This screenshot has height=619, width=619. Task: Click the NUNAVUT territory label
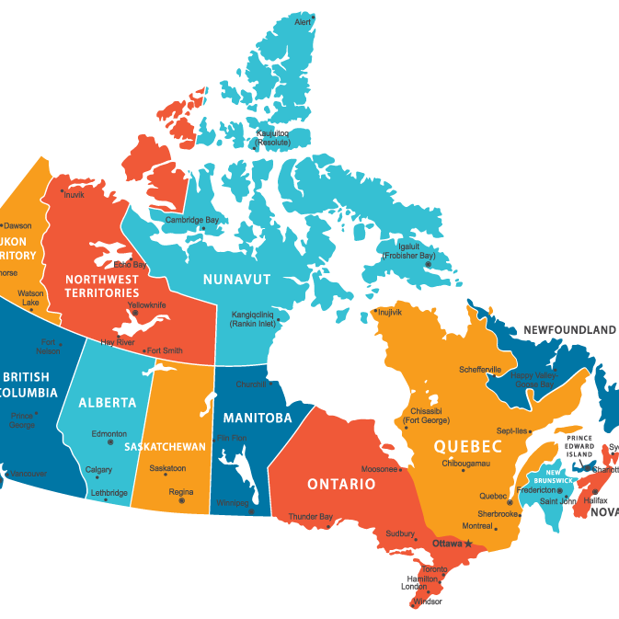point(236,278)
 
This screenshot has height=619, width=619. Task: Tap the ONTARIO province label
point(341,484)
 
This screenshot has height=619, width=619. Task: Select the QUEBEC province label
point(468,447)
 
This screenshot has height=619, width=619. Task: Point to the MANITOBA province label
point(258,418)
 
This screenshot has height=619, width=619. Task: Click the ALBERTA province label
point(107,403)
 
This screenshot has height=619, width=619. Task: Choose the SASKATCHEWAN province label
point(166,447)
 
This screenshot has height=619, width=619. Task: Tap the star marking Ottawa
point(468,544)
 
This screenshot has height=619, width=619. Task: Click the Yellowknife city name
point(146,304)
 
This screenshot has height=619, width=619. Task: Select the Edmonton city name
point(109,433)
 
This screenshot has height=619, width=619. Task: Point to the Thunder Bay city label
point(311,517)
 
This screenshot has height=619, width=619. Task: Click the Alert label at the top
point(304,22)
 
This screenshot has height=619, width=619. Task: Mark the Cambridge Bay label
point(192,220)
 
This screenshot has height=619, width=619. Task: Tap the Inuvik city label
point(73,194)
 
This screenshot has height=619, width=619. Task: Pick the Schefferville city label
point(481,370)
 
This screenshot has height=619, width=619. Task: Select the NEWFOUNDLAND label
point(569,329)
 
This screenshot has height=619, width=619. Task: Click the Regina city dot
point(181,500)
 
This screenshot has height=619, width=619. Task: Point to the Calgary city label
point(98,470)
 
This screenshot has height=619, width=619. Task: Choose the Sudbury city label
point(399,533)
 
